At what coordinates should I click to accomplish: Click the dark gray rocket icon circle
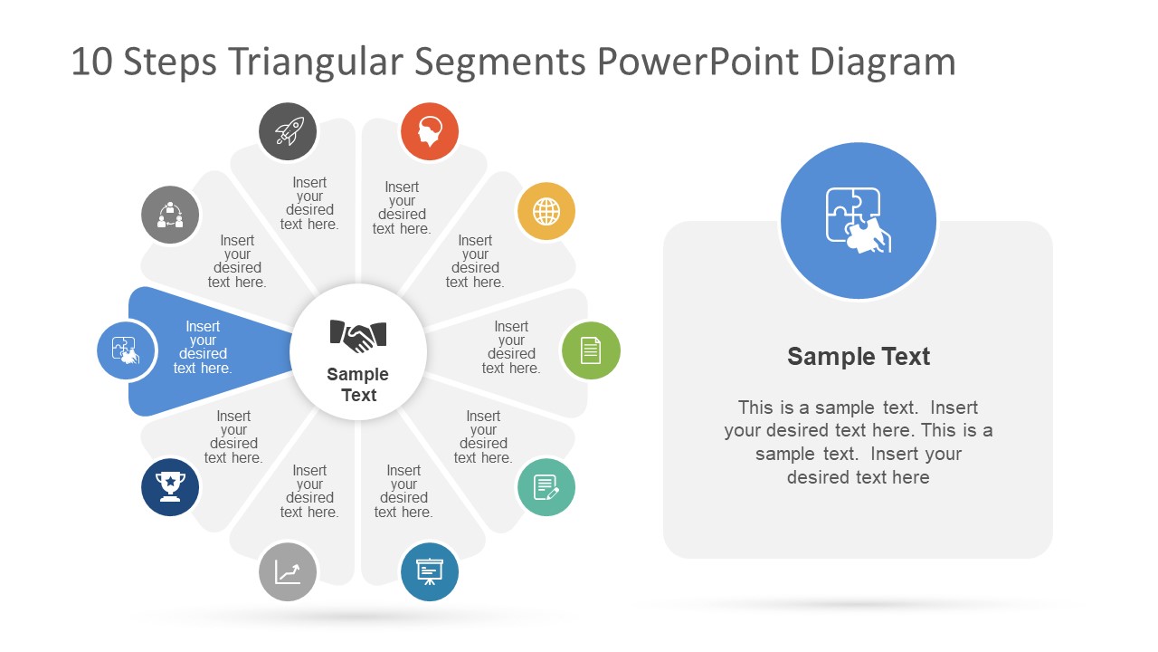[288, 131]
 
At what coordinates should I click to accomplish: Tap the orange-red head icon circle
[430, 131]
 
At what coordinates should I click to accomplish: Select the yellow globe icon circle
[546, 212]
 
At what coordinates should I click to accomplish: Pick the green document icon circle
[591, 350]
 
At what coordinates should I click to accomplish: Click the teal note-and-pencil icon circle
[546, 487]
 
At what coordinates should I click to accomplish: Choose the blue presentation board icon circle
[430, 571]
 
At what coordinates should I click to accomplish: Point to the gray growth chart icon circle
[288, 571]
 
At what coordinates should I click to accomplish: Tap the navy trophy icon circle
[170, 487]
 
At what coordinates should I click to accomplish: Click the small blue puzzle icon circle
[126, 350]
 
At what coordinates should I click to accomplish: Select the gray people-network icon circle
[170, 216]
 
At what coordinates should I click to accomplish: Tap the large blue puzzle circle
[859, 221]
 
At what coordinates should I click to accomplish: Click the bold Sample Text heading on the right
[859, 357]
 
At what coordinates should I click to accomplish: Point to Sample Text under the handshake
[358, 385]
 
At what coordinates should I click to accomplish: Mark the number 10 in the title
[90, 62]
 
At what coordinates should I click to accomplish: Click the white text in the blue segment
[203, 348]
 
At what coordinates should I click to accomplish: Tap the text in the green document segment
[511, 348]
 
